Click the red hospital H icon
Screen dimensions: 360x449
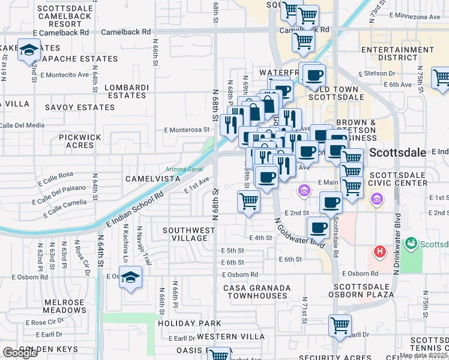(379, 251)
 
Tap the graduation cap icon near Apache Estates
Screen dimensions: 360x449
(28, 51)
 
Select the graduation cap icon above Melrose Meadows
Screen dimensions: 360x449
(130, 278)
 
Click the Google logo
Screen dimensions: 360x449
(20, 353)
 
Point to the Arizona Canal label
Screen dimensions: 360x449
(184, 169)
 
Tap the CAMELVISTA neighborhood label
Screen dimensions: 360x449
(152, 179)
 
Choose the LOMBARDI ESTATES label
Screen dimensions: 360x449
(126, 91)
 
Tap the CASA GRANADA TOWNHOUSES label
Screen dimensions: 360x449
(256, 292)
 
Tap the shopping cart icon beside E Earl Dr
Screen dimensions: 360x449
(340, 326)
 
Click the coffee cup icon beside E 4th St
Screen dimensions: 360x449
(318, 227)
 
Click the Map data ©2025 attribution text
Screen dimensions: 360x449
(424, 355)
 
